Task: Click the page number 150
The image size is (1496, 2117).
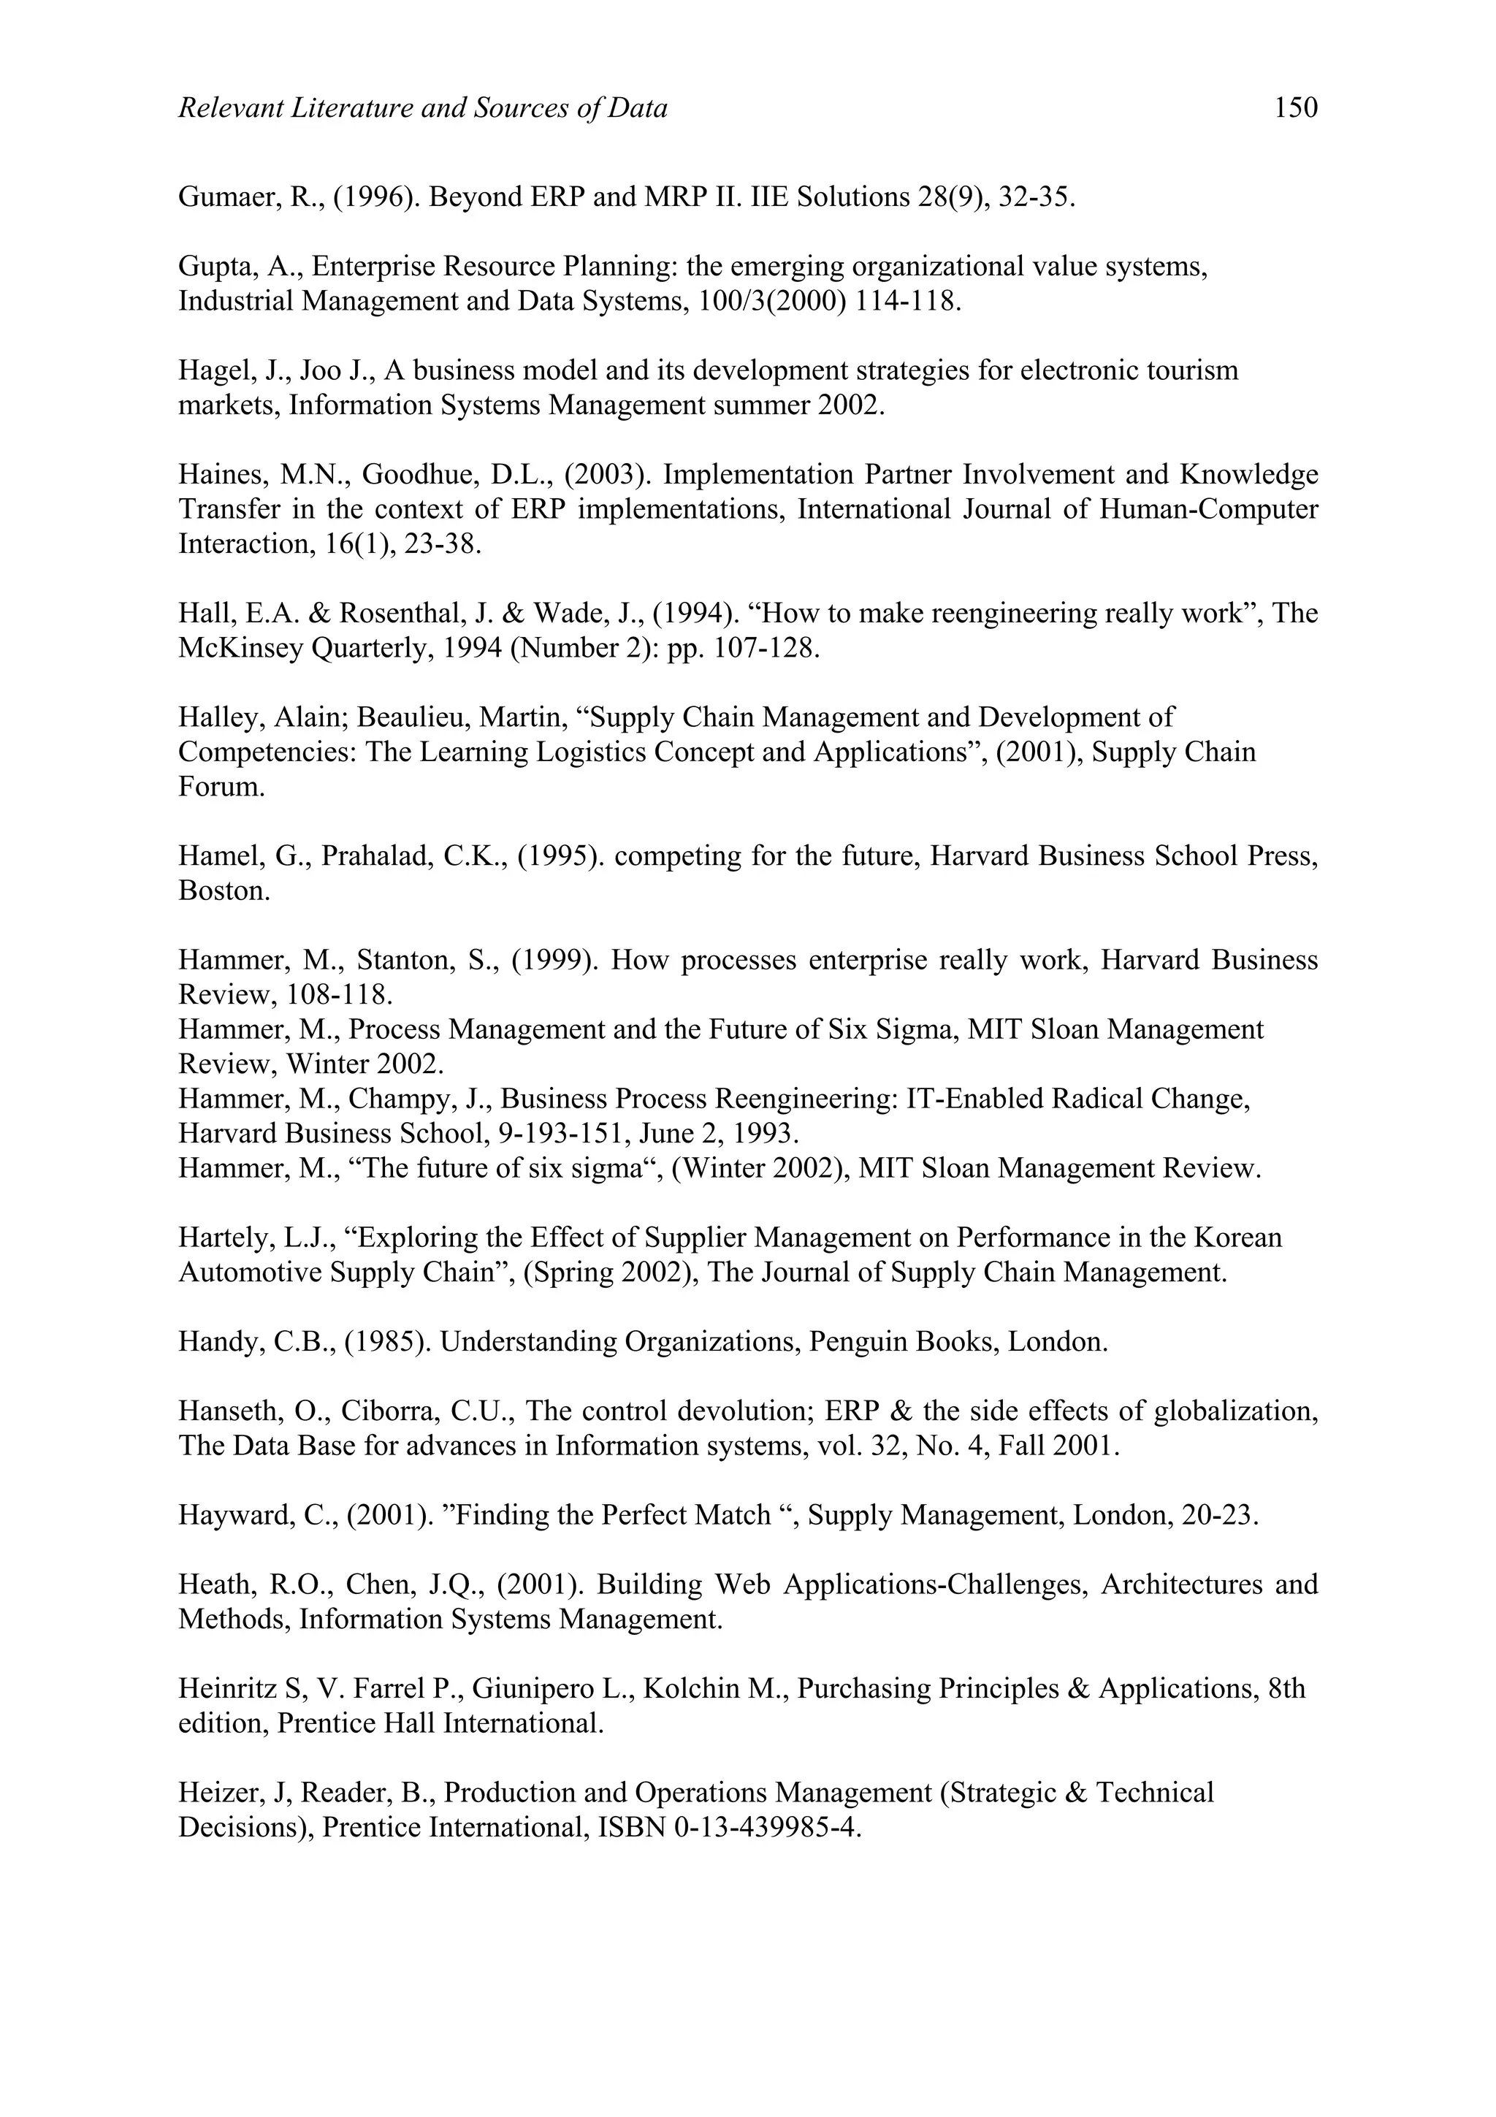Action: point(1295,109)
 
